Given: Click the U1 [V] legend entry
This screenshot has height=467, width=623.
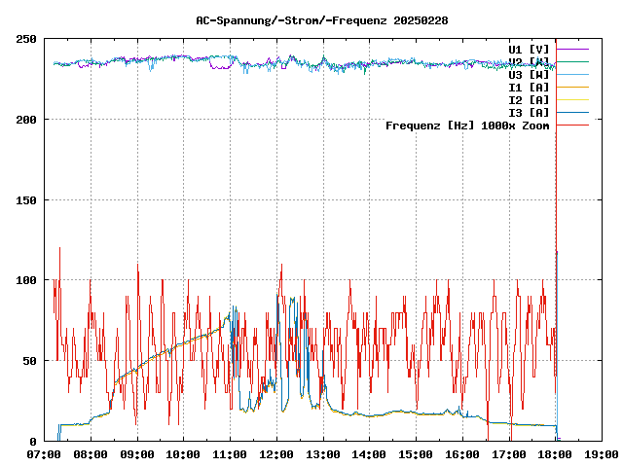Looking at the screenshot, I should (x=529, y=49).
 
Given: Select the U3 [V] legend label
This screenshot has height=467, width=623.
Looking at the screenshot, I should (x=529, y=74).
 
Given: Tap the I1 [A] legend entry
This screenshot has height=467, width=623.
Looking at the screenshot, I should (x=529, y=87).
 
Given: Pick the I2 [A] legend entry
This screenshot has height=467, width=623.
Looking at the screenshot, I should (x=529, y=99).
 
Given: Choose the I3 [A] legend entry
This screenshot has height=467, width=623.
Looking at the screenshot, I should (x=529, y=112).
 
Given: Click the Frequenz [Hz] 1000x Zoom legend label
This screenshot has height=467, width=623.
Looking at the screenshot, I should (x=467, y=126).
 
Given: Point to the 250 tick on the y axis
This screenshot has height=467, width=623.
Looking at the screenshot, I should (x=27, y=39).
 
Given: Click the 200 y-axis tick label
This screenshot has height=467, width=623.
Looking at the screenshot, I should (x=27, y=120).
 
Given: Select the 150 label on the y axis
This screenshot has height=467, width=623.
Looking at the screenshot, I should (x=27, y=200).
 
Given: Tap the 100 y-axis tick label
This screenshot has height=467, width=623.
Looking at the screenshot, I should (x=27, y=280).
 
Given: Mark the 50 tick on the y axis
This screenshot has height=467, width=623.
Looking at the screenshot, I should (x=30, y=361).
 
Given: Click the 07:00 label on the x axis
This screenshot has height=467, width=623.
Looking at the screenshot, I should (x=45, y=454).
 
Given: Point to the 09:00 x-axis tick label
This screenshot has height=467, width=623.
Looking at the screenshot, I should (x=137, y=454).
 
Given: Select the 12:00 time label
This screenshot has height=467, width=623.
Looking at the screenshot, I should (x=276, y=454).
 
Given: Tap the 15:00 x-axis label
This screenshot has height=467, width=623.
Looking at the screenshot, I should (x=416, y=454).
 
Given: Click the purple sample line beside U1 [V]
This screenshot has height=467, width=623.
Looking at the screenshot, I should (x=573, y=49).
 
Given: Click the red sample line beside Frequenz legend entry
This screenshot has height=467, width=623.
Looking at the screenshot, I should (x=573, y=126).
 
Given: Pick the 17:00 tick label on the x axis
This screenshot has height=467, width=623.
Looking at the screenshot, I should (x=509, y=454).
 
